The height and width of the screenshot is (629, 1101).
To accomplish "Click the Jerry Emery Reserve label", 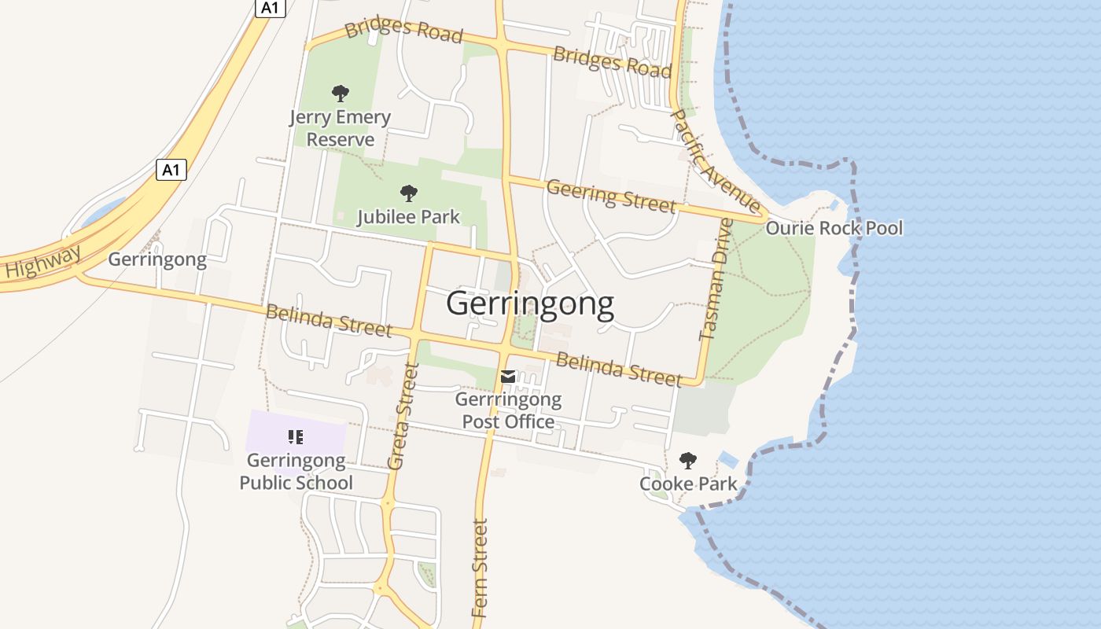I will tap(340, 129).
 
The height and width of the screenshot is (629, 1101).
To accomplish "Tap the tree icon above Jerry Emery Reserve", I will tap(340, 94).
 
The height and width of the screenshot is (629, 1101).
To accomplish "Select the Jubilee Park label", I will tap(408, 216).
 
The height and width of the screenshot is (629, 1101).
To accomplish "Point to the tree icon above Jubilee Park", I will tap(408, 193).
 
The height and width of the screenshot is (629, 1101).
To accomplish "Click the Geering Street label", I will tap(611, 195).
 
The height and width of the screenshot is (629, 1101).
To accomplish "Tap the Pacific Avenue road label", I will tap(715, 161).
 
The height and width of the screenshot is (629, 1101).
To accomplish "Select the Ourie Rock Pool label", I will tap(834, 228).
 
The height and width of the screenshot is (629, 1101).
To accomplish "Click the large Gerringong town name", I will tap(530, 303).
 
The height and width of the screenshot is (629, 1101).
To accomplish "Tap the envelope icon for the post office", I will tap(508, 377).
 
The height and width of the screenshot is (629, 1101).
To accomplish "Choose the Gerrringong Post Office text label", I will tap(508, 410).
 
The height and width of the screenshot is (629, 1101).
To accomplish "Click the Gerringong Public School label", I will tap(296, 471).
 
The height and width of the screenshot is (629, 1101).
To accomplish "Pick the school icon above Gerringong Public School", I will tap(296, 436).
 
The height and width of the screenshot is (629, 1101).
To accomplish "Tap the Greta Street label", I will tap(401, 416).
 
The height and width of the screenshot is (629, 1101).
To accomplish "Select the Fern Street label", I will tap(480, 568).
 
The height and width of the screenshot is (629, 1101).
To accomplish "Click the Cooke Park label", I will tap(688, 484).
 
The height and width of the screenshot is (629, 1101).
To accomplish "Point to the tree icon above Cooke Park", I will tap(688, 461).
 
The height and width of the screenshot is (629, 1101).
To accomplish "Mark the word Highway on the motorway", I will tap(43, 261).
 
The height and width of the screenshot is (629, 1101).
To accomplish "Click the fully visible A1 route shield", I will tap(171, 169).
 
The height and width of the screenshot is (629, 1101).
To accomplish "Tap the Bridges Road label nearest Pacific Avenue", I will tap(612, 61).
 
